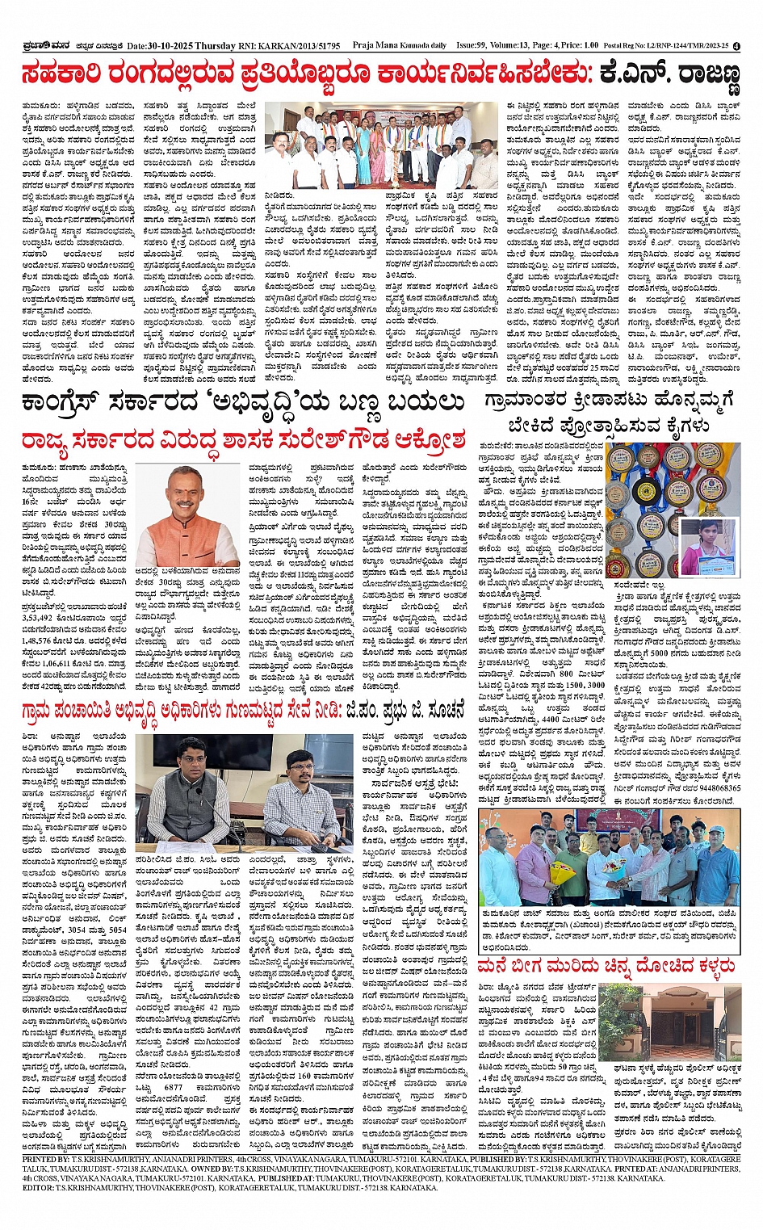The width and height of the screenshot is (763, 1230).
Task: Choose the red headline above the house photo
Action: (606, 965)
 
